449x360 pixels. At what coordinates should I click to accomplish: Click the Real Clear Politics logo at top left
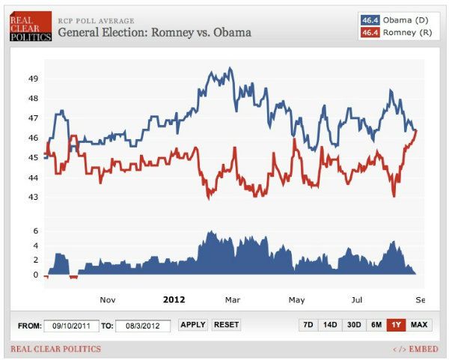(x=30, y=25)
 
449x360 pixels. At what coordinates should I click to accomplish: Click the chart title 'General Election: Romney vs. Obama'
(x=154, y=32)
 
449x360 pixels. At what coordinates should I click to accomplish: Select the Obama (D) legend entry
(x=397, y=19)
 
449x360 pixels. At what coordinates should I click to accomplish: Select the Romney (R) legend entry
(x=397, y=33)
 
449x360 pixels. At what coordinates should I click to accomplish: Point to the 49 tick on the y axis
(x=34, y=79)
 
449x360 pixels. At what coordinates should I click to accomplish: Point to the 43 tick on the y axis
(x=34, y=197)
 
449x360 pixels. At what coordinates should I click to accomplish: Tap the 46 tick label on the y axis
(x=34, y=138)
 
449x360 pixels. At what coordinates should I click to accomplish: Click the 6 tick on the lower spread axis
(x=34, y=231)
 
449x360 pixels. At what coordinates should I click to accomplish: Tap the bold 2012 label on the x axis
(x=174, y=299)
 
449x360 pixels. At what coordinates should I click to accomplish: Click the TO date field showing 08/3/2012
(x=143, y=326)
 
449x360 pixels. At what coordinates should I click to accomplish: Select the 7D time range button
(x=307, y=325)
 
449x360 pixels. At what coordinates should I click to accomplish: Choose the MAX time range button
(x=419, y=325)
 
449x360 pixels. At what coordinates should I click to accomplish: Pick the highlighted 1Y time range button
(x=396, y=325)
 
